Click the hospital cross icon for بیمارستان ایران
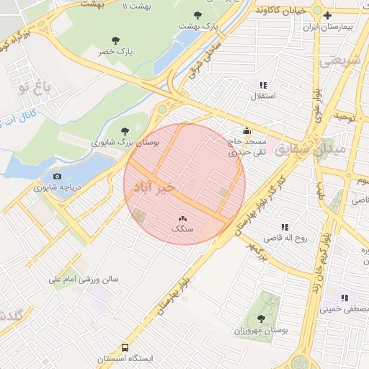coord(328,15)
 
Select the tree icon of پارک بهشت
coord(198,15)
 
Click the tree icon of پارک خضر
coord(116,41)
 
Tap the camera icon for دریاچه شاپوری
coord(58,176)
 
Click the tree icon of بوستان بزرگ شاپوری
coord(126,130)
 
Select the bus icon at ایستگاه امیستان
coord(125,347)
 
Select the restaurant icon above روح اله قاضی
coord(284,226)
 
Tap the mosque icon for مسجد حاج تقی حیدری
coord(247,131)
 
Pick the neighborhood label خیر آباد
coord(160,187)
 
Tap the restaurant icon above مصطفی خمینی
coord(344,297)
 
